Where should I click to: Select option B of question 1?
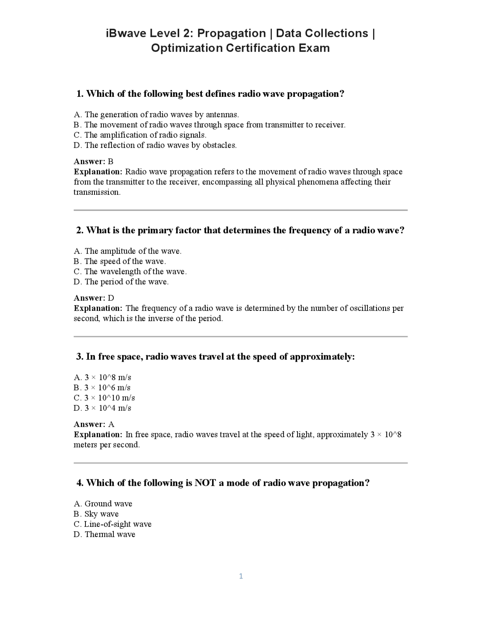point(209,125)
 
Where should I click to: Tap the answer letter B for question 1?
point(110,161)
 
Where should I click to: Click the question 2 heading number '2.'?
point(80,230)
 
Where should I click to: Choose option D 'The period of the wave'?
point(121,281)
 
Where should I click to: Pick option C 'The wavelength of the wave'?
point(130,271)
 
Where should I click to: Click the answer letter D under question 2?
point(111,298)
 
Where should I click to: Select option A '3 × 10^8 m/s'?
point(102,377)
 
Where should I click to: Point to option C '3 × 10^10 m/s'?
point(104,398)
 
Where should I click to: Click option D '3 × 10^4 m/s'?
point(102,408)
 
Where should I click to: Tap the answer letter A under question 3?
point(111,424)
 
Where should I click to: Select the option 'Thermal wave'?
point(104,534)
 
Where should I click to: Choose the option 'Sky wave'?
point(96,514)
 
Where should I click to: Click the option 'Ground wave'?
point(103,503)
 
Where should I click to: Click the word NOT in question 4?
point(205,483)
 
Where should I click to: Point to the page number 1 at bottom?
point(241,576)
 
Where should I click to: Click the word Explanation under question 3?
point(98,434)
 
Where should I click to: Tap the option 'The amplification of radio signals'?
point(140,135)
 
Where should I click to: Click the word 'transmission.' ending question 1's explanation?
point(97,192)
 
